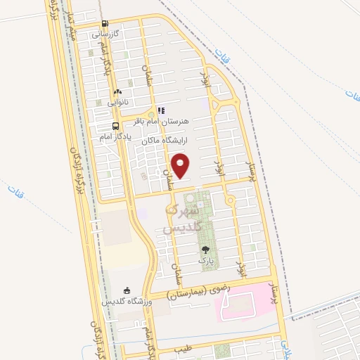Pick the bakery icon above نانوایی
pyautogui.click(x=117, y=92)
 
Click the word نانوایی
pyautogui.click(x=117, y=103)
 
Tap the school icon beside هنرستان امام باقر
pyautogui.click(x=161, y=110)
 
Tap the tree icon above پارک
pyautogui.click(x=205, y=250)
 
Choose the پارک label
pyautogui.click(x=205, y=260)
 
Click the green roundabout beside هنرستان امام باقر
pyautogui.click(x=150, y=114)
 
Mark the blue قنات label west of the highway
pyautogui.click(x=14, y=190)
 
